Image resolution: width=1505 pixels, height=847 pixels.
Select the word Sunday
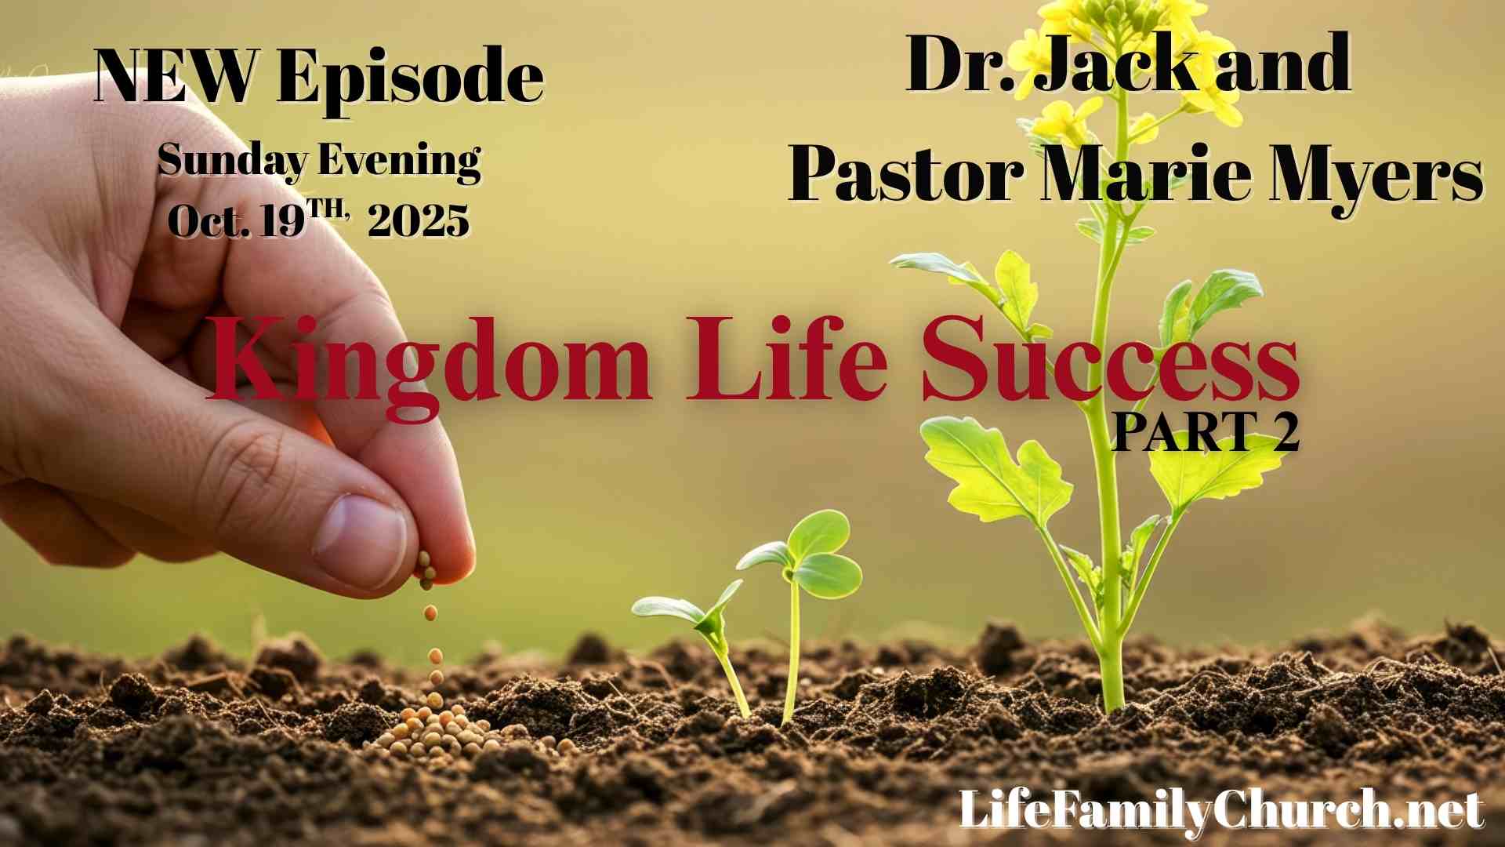coord(232,161)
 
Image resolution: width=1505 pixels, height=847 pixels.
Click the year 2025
coord(419,221)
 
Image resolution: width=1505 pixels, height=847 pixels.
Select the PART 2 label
coord(1206,431)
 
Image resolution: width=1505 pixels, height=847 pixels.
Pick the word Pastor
coord(906,174)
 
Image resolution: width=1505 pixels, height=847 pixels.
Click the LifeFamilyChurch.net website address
coord(1221,809)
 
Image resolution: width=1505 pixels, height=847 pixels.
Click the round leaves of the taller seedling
coord(815,553)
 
